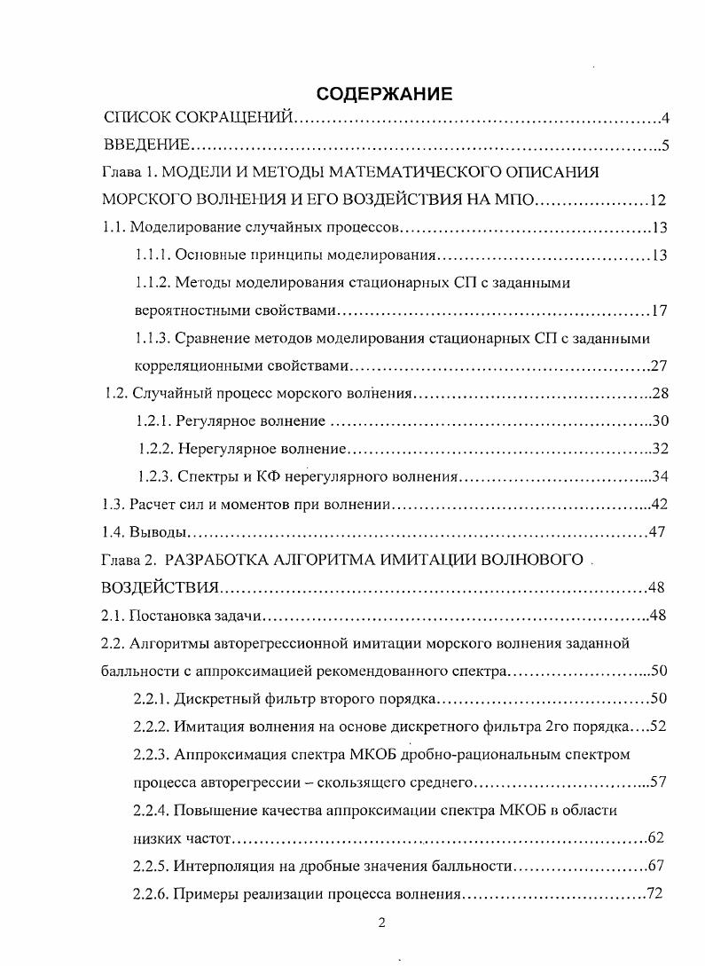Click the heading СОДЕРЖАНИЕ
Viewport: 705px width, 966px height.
[x=384, y=92]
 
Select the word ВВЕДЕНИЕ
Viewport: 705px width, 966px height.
[x=145, y=145]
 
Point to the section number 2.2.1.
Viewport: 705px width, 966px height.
[x=152, y=698]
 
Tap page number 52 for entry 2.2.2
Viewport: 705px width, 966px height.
[x=657, y=726]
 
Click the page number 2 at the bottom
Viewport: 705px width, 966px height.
[x=381, y=923]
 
